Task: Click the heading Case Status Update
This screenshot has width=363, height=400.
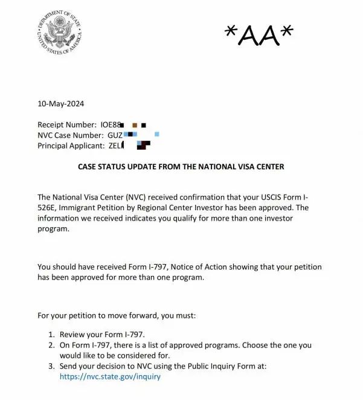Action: click(181, 166)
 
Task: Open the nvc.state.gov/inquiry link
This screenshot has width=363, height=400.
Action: click(110, 376)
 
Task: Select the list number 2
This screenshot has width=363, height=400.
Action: click(51, 345)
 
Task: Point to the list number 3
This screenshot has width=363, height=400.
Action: click(51, 366)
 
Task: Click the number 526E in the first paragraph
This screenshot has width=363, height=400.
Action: click(47, 207)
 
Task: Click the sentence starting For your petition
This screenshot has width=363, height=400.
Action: click(126, 315)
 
